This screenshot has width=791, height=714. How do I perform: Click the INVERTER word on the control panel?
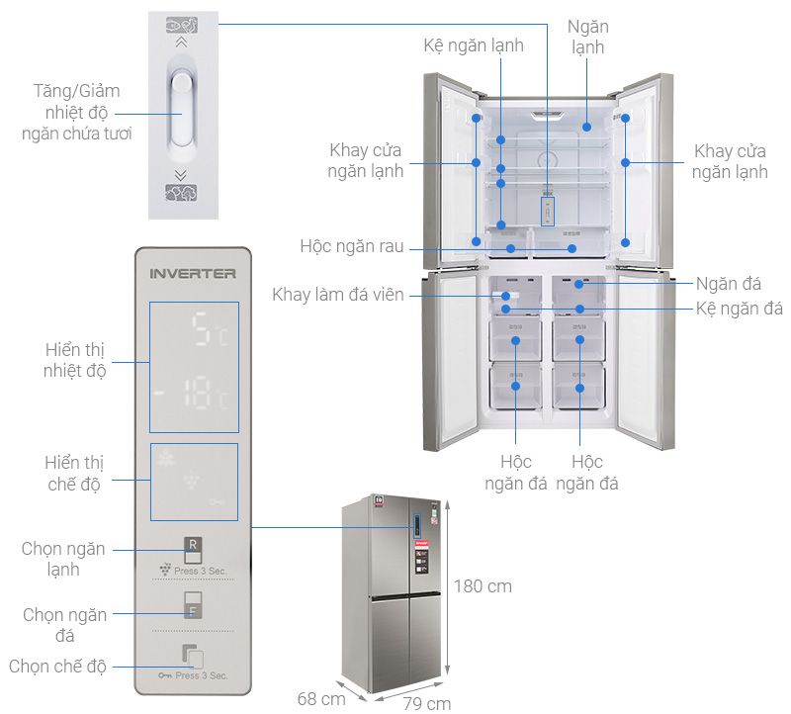pyautogui.click(x=193, y=273)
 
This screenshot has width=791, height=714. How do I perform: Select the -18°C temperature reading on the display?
pyautogui.click(x=194, y=398)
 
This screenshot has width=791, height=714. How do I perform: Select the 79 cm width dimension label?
pyautogui.click(x=427, y=703)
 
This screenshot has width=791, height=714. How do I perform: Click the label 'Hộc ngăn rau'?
pyautogui.click(x=352, y=246)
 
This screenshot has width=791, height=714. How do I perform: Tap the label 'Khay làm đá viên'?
pyautogui.click(x=338, y=295)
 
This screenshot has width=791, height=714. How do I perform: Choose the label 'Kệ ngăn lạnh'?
pyautogui.click(x=474, y=45)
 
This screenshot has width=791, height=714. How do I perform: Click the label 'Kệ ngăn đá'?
pyautogui.click(x=740, y=309)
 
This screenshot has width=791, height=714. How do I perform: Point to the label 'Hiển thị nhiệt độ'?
pyautogui.click(x=75, y=361)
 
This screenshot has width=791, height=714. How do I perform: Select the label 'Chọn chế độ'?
pyautogui.click(x=57, y=666)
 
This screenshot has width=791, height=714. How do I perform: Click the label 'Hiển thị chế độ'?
pyautogui.click(x=75, y=473)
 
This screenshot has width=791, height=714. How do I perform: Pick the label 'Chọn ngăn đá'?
pyautogui.click(x=65, y=625)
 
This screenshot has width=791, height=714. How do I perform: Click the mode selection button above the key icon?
pyautogui.click(x=193, y=657)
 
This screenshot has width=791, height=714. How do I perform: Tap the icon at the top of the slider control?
pyautogui.click(x=180, y=26)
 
